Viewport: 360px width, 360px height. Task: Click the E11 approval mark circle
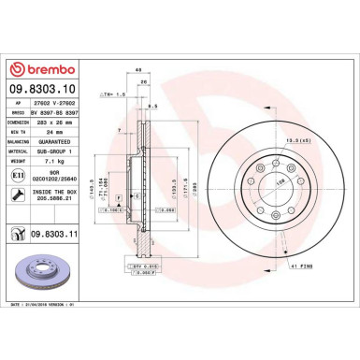[x=20, y=175]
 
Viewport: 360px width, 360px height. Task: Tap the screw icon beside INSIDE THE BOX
[x=20, y=194]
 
